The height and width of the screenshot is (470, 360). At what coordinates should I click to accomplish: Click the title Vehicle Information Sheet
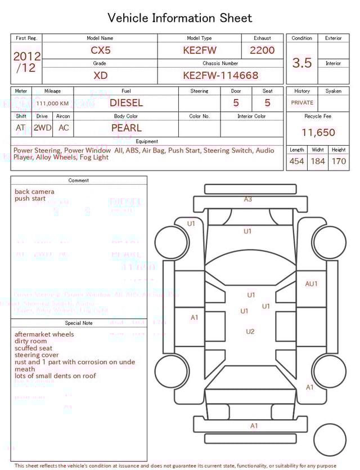click(x=180, y=18)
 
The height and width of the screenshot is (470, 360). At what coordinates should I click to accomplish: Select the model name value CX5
click(x=101, y=50)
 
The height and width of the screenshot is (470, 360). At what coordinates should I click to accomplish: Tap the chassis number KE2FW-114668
click(x=220, y=75)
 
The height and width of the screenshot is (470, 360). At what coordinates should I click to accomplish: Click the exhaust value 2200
click(x=262, y=50)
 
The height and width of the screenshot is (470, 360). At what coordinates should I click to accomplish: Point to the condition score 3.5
click(x=302, y=63)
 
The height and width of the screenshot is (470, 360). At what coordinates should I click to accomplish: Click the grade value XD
click(x=101, y=75)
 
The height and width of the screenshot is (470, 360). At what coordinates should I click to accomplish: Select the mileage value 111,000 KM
click(x=52, y=104)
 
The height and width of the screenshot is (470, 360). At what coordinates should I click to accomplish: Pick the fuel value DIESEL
click(x=126, y=103)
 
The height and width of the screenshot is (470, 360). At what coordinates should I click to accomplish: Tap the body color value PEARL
click(x=126, y=128)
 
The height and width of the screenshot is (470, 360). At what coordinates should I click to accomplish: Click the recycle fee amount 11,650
click(x=318, y=133)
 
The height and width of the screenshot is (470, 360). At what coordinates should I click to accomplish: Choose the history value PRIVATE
click(x=302, y=103)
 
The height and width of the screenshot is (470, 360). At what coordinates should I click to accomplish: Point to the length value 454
click(x=296, y=162)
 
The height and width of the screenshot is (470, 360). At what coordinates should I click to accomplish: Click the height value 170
click(x=339, y=162)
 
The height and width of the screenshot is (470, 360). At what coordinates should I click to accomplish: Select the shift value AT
click(x=21, y=128)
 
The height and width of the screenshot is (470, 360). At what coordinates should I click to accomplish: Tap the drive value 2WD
click(x=42, y=128)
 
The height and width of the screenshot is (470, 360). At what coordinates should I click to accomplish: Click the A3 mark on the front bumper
click(x=248, y=199)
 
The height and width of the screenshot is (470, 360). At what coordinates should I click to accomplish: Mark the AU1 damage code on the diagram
click(x=311, y=284)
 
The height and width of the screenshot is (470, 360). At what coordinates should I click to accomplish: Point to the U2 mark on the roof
click(x=250, y=332)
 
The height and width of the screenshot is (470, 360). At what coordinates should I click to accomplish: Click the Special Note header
click(x=79, y=323)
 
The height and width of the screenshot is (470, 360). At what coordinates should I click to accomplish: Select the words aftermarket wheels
click(x=44, y=334)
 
